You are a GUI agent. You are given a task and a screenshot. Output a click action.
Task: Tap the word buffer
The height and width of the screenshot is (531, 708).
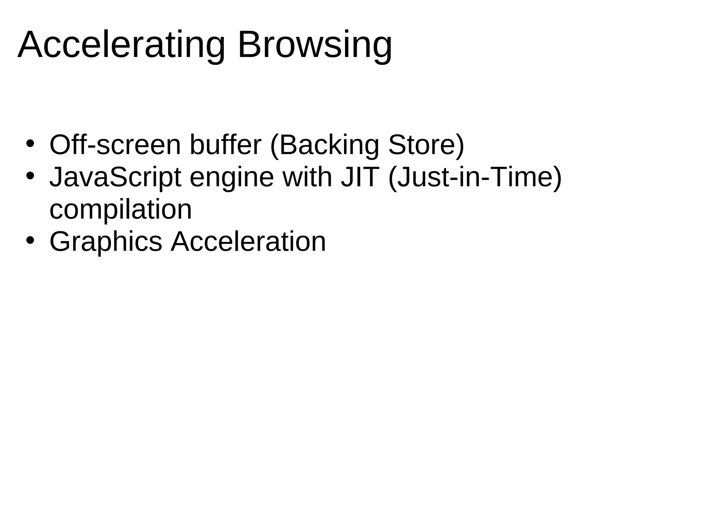[225, 145]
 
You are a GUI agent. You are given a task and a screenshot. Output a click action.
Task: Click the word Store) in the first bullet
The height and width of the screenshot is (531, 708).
[426, 145]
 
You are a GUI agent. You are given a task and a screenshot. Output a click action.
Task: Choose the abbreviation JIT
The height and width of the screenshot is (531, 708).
[360, 177]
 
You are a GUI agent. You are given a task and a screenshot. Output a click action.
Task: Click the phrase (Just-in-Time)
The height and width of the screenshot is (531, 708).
[475, 177]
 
